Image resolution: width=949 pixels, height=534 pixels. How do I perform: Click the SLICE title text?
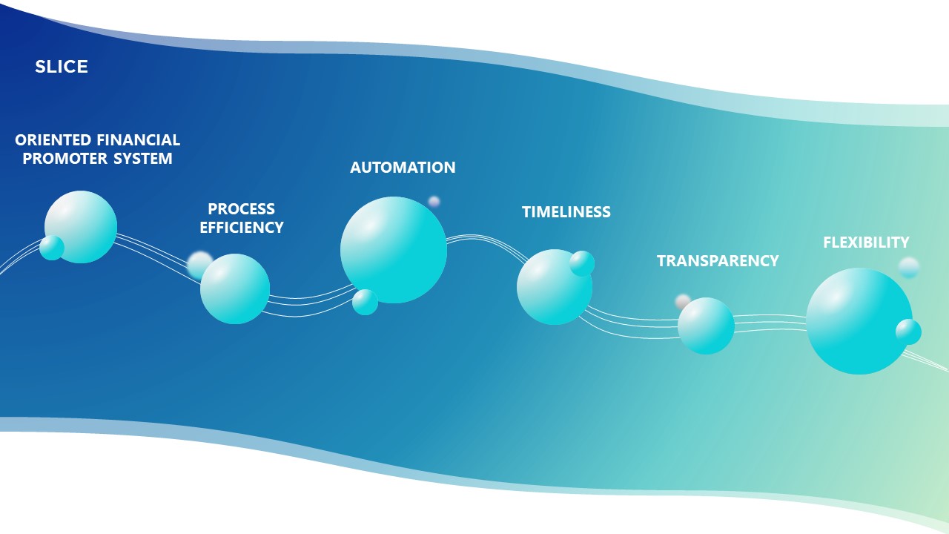point(62,67)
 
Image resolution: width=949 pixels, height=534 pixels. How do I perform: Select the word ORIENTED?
point(53,140)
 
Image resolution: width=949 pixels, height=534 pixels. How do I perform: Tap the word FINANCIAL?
point(139,140)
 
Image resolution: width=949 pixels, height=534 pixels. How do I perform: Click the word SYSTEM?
point(143,159)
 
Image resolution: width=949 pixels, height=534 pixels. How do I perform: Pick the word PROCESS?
point(242,209)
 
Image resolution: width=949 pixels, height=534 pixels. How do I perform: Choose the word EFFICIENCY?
point(242,228)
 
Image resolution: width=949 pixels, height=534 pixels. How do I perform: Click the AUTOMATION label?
point(403,168)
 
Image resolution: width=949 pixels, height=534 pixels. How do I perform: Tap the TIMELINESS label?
point(566,212)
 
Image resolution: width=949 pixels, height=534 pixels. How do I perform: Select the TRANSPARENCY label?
point(718,261)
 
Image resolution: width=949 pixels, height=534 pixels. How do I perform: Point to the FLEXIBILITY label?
point(867,243)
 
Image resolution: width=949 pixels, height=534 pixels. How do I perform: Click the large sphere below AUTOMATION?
point(394,250)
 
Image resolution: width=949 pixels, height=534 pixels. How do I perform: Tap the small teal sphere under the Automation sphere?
point(366,302)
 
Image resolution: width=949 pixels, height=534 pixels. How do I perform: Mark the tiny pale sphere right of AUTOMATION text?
point(434,201)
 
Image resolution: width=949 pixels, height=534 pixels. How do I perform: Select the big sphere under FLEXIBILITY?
point(859,321)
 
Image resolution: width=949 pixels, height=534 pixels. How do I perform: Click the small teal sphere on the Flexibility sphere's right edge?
point(908,332)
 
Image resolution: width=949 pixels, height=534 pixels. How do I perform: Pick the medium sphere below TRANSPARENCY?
point(706,326)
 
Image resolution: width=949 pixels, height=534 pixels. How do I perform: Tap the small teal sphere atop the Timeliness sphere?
point(582,263)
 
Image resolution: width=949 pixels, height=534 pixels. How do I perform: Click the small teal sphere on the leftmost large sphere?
point(52,248)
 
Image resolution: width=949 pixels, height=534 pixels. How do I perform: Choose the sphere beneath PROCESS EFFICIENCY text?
point(235,289)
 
